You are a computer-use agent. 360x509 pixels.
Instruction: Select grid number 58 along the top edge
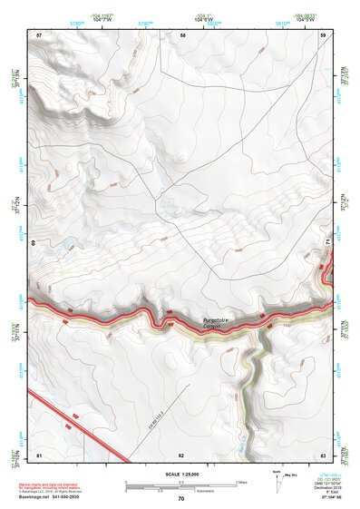[183, 34]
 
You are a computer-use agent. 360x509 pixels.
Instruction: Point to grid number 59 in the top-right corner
[323, 34]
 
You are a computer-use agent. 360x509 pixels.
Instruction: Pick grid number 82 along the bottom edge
[181, 454]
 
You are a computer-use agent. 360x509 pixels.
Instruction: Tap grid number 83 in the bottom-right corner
[323, 454]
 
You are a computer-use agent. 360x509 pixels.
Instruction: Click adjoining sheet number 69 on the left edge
[34, 244]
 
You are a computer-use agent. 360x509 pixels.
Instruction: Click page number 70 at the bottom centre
[181, 499]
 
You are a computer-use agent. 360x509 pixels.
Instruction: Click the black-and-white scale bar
[181, 485]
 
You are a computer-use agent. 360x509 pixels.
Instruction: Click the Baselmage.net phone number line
[63, 497]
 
